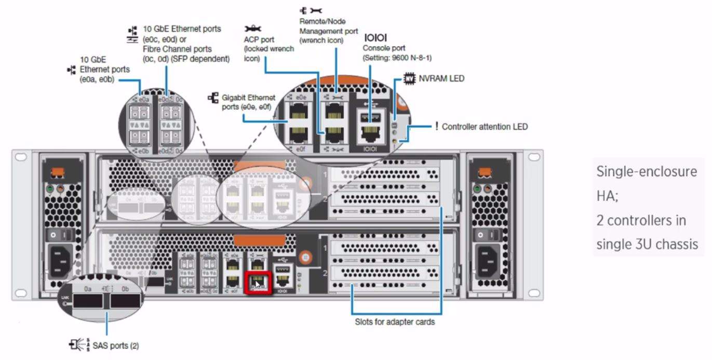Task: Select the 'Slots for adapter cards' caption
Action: pos(395,322)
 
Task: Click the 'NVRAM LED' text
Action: pos(441,78)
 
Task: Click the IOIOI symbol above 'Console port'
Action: pos(375,38)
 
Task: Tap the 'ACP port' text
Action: pos(259,39)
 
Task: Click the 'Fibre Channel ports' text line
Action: pos(177,49)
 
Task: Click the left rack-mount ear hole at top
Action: pos(21,156)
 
